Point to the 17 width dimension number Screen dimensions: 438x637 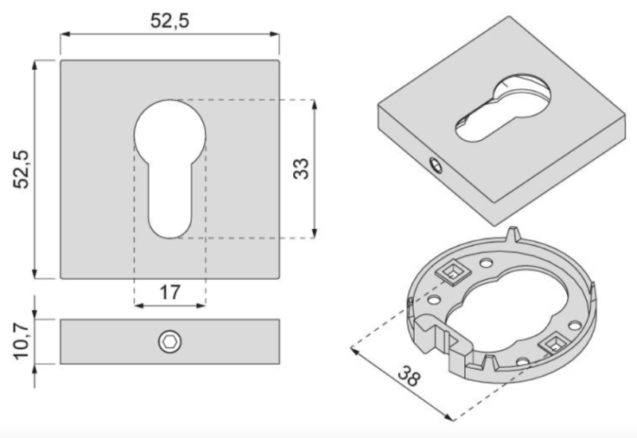pyautogui.click(x=169, y=291)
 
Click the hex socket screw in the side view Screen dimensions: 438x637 pyautogui.click(x=170, y=342)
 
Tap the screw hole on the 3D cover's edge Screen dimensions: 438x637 pyautogui.click(x=435, y=165)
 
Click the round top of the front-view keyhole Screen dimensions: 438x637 pyautogui.click(x=170, y=127)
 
